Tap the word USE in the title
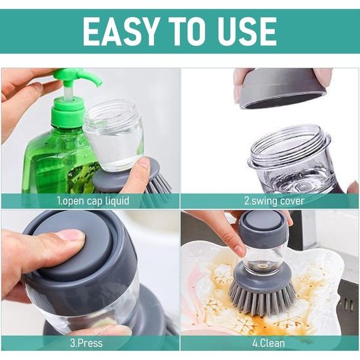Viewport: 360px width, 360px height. (244, 31)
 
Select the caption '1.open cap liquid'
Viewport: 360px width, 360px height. (93, 201)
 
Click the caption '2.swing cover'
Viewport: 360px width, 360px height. (274, 201)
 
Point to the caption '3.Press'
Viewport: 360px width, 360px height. (86, 343)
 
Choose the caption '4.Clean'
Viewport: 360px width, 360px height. (268, 343)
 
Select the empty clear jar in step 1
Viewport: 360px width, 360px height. (113, 135)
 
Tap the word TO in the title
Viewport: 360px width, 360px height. (185, 31)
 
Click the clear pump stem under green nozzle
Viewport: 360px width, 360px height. (68, 92)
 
